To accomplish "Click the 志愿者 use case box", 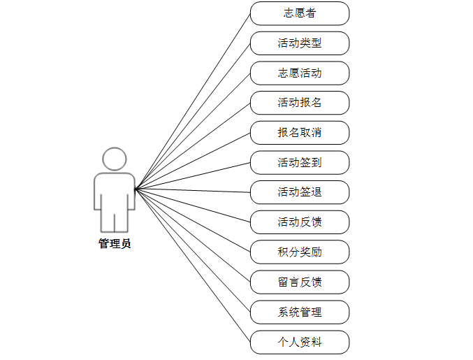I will pyautogui.click(x=299, y=13).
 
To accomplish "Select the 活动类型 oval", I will pyautogui.click(x=299, y=43).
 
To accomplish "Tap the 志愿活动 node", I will pyautogui.click(x=299, y=73).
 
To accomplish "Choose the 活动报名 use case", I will pyautogui.click(x=299, y=103).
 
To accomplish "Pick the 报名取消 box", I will pyautogui.click(x=299, y=133).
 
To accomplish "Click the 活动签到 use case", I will pyautogui.click(x=299, y=163).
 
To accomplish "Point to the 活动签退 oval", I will pyautogui.click(x=299, y=192).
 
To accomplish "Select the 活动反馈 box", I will pyautogui.click(x=299, y=222).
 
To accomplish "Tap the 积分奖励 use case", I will pyautogui.click(x=299, y=252).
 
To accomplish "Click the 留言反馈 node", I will pyautogui.click(x=299, y=282).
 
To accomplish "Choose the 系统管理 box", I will pyautogui.click(x=299, y=312).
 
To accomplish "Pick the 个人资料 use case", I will pyautogui.click(x=299, y=342).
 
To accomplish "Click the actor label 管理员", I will pyautogui.click(x=115, y=244).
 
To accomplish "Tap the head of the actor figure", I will pyautogui.click(x=115, y=159).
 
